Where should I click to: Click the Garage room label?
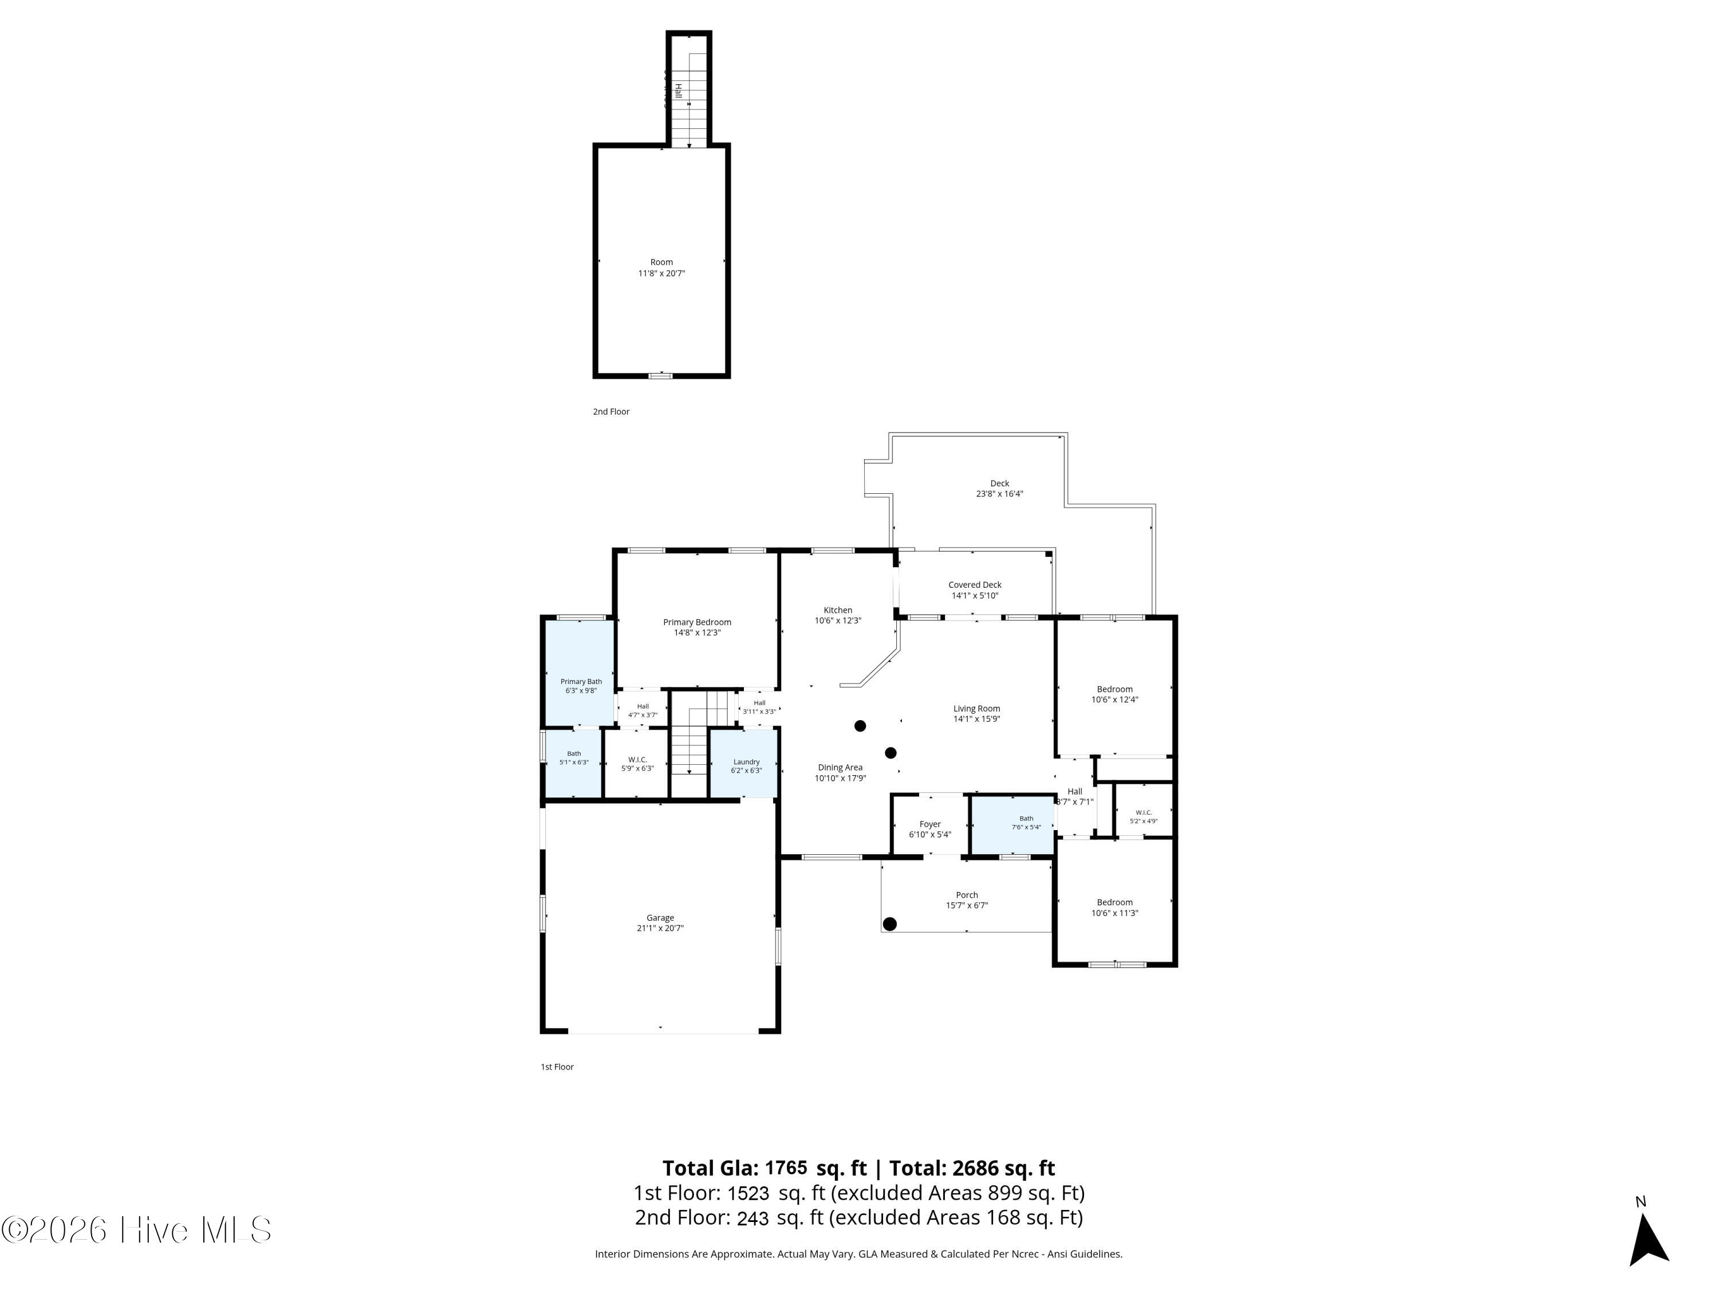(x=660, y=918)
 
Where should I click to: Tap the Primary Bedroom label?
(x=697, y=622)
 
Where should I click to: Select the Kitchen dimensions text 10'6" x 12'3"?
(x=837, y=621)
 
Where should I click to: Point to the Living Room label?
(x=976, y=709)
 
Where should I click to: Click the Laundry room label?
(x=746, y=762)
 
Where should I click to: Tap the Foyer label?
(x=929, y=824)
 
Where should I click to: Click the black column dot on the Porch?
(x=890, y=924)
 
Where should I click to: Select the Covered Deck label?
(x=975, y=585)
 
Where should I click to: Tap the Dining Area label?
(x=840, y=768)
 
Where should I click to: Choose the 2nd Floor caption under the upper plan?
(x=611, y=412)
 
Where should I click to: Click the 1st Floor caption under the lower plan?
(x=557, y=1067)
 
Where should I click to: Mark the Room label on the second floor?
(x=662, y=262)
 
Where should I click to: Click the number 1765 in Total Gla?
(x=786, y=1167)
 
